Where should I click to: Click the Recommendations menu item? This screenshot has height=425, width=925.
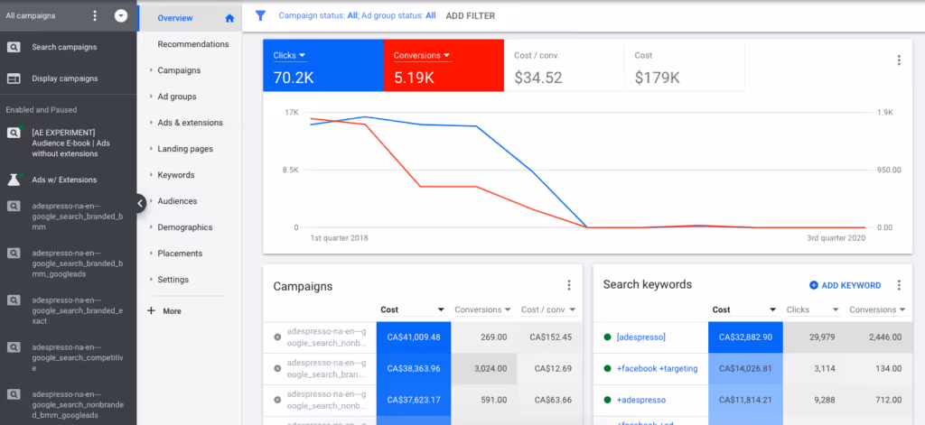click(x=192, y=44)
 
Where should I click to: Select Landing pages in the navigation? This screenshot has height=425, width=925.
click(x=185, y=149)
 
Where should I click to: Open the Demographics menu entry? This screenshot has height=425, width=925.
click(x=184, y=227)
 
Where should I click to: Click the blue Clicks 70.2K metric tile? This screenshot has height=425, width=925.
click(x=322, y=66)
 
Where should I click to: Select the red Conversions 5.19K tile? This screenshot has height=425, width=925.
click(x=443, y=66)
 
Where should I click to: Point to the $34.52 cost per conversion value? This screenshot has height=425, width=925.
click(x=538, y=79)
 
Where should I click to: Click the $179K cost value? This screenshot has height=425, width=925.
click(x=657, y=79)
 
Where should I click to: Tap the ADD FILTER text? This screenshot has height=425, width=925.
click(x=471, y=15)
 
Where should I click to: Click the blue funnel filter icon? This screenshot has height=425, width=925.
click(x=260, y=15)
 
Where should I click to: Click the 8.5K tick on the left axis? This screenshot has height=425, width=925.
click(x=289, y=170)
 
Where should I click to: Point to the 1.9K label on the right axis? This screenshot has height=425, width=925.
click(x=884, y=113)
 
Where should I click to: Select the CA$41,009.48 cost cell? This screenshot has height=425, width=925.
click(x=414, y=337)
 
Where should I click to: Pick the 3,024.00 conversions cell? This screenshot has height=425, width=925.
click(x=486, y=368)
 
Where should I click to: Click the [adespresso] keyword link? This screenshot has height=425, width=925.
click(x=640, y=337)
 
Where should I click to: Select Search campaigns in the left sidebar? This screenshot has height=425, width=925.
click(x=64, y=47)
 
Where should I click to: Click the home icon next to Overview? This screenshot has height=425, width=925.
click(x=229, y=18)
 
